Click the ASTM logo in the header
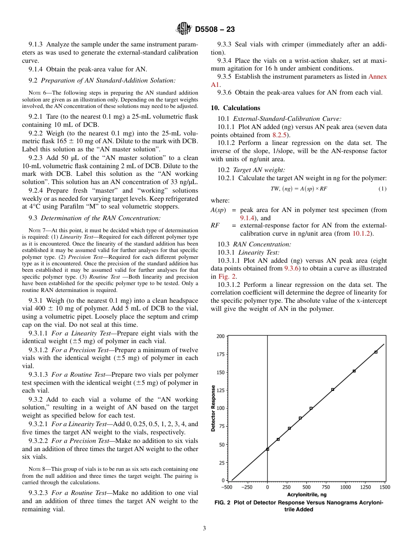(184, 29)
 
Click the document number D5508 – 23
(215, 30)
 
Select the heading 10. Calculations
(235, 108)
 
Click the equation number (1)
(382, 189)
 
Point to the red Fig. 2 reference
(227, 277)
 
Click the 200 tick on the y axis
(220, 336)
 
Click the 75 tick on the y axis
(222, 426)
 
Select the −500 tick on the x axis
(227, 487)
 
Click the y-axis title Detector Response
(214, 408)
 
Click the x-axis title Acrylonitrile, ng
(307, 495)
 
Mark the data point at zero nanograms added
(267, 449)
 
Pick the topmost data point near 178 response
(376, 352)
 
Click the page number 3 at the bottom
(204, 529)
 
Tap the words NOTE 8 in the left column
(37, 469)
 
